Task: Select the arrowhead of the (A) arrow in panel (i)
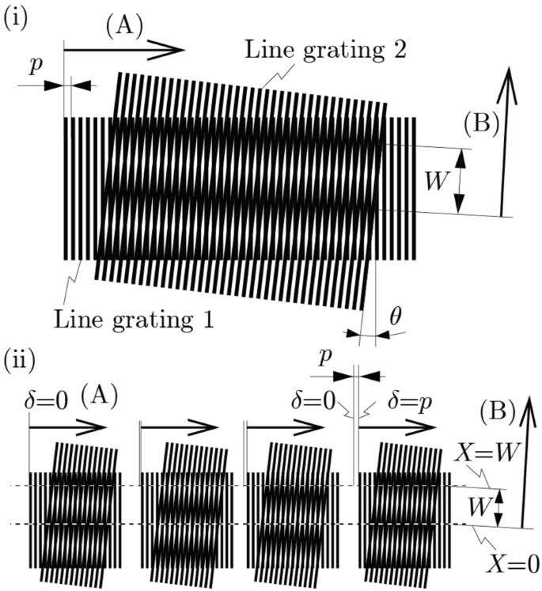(174, 50)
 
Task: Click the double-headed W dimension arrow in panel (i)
(461, 180)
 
